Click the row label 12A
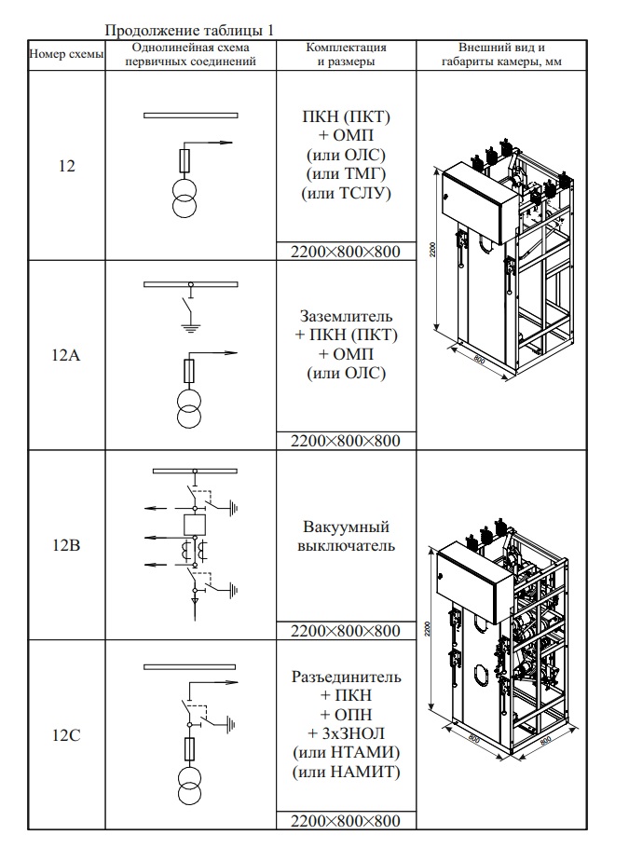(67, 355)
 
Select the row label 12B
(67, 545)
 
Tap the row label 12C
(67, 735)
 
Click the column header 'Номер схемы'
(67, 54)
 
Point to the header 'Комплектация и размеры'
(346, 54)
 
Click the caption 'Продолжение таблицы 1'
(189, 31)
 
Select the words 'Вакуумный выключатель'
(346, 536)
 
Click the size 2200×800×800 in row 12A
(346, 441)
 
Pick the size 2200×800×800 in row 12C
(346, 820)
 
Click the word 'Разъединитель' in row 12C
(346, 676)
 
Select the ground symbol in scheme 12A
(191, 327)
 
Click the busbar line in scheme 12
(192, 116)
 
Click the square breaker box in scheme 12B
(194, 523)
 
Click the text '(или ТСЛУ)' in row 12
(346, 194)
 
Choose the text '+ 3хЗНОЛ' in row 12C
(346, 733)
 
